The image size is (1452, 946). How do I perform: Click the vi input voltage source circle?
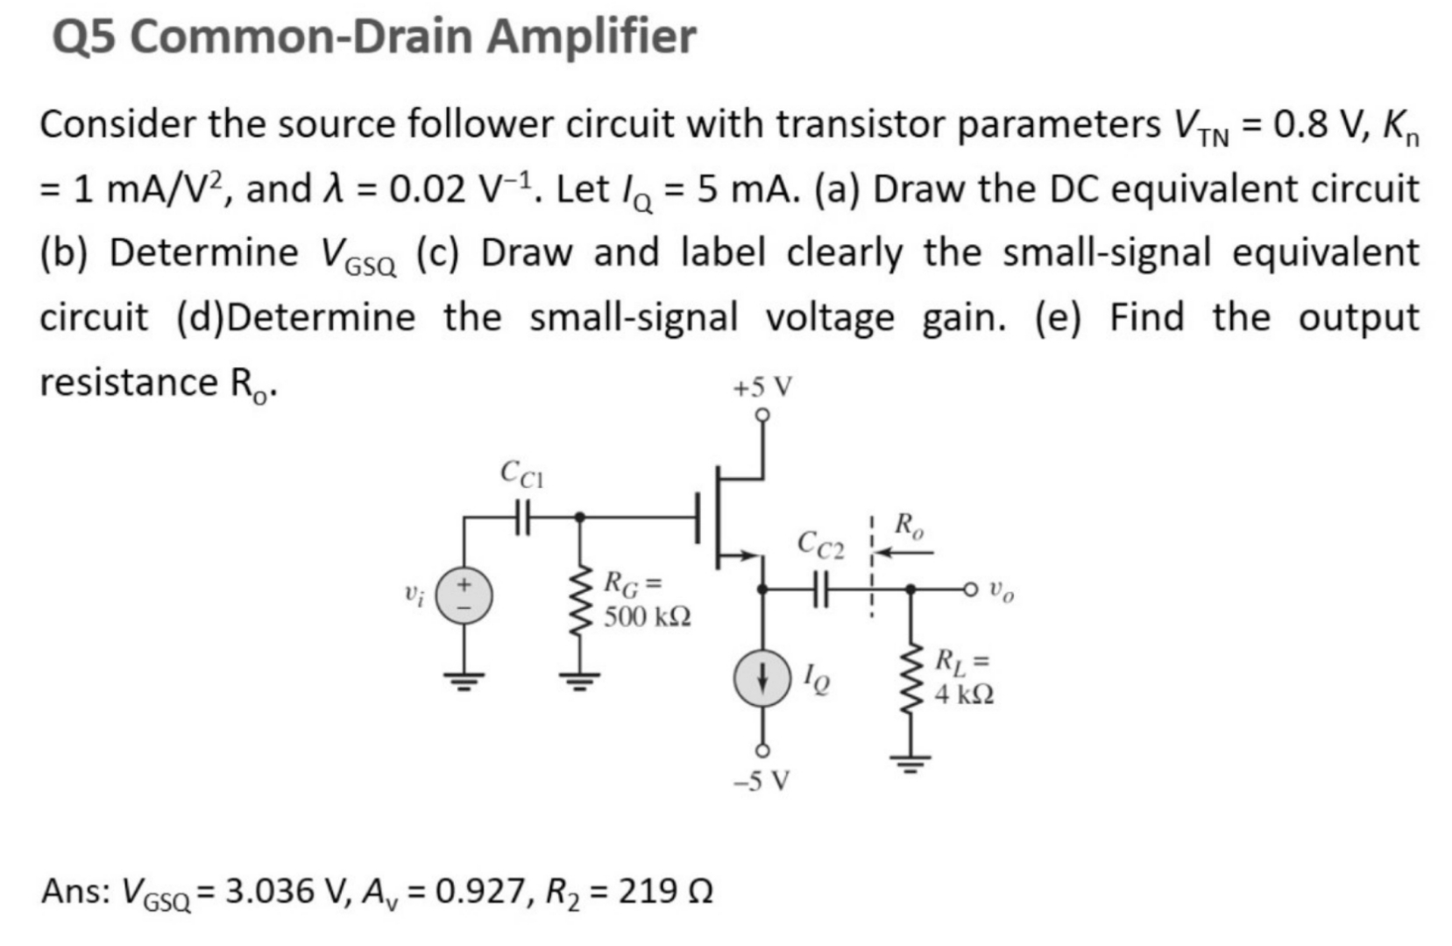464,597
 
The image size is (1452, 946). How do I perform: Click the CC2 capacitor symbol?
820,590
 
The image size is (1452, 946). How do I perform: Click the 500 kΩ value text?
647,617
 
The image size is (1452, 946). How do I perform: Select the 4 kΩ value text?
964,695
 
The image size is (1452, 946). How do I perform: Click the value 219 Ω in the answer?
665,892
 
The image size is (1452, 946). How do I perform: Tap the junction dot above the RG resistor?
578,518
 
